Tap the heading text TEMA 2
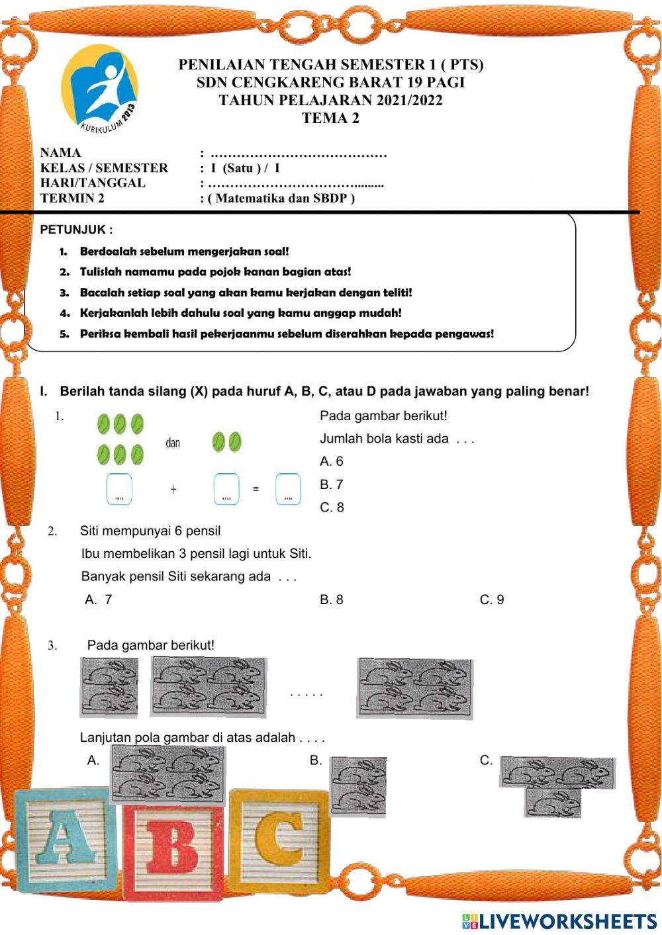(330, 118)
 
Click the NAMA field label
(60, 153)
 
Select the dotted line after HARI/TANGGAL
(295, 183)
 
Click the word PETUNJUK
(76, 230)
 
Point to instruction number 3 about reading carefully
(245, 292)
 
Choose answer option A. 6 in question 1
(332, 461)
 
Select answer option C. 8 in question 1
(332, 508)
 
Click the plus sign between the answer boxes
(173, 490)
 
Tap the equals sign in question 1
(256, 490)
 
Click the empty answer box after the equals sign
(288, 489)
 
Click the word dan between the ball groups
(173, 443)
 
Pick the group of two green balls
(226, 442)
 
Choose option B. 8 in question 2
(332, 600)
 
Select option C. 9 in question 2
(492, 600)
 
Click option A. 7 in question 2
(99, 600)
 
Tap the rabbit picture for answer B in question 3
(358, 786)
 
